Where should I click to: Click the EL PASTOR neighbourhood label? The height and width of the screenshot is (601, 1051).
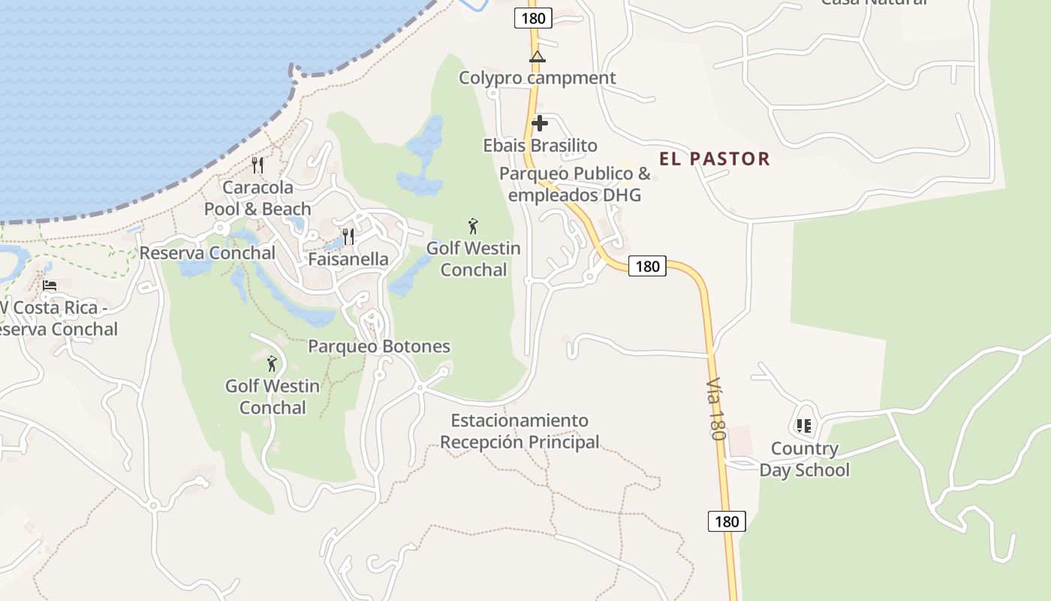714,159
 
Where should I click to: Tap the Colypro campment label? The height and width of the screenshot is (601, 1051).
537,77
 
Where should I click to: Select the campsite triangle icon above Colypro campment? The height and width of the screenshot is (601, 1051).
537,56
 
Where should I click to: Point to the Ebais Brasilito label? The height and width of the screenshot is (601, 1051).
540,145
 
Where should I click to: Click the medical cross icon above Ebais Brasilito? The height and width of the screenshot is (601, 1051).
540,123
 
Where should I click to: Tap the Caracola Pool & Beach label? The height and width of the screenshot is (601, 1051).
257,198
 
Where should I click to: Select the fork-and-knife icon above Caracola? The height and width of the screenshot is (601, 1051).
257,165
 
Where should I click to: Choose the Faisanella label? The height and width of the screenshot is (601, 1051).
348,259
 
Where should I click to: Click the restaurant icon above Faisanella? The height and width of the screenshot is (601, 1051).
348,237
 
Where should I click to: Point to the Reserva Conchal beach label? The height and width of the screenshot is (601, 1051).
207,252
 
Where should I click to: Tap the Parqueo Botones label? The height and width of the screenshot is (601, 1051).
379,346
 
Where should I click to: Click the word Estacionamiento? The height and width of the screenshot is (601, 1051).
519,420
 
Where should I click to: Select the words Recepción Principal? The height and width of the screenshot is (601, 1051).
519,442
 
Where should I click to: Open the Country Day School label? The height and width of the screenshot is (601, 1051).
804,459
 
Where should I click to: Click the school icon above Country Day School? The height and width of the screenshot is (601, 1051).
804,426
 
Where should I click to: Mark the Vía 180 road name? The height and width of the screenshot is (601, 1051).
717,409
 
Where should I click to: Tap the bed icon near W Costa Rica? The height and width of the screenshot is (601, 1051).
50,285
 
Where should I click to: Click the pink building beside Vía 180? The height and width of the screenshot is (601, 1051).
740,439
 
